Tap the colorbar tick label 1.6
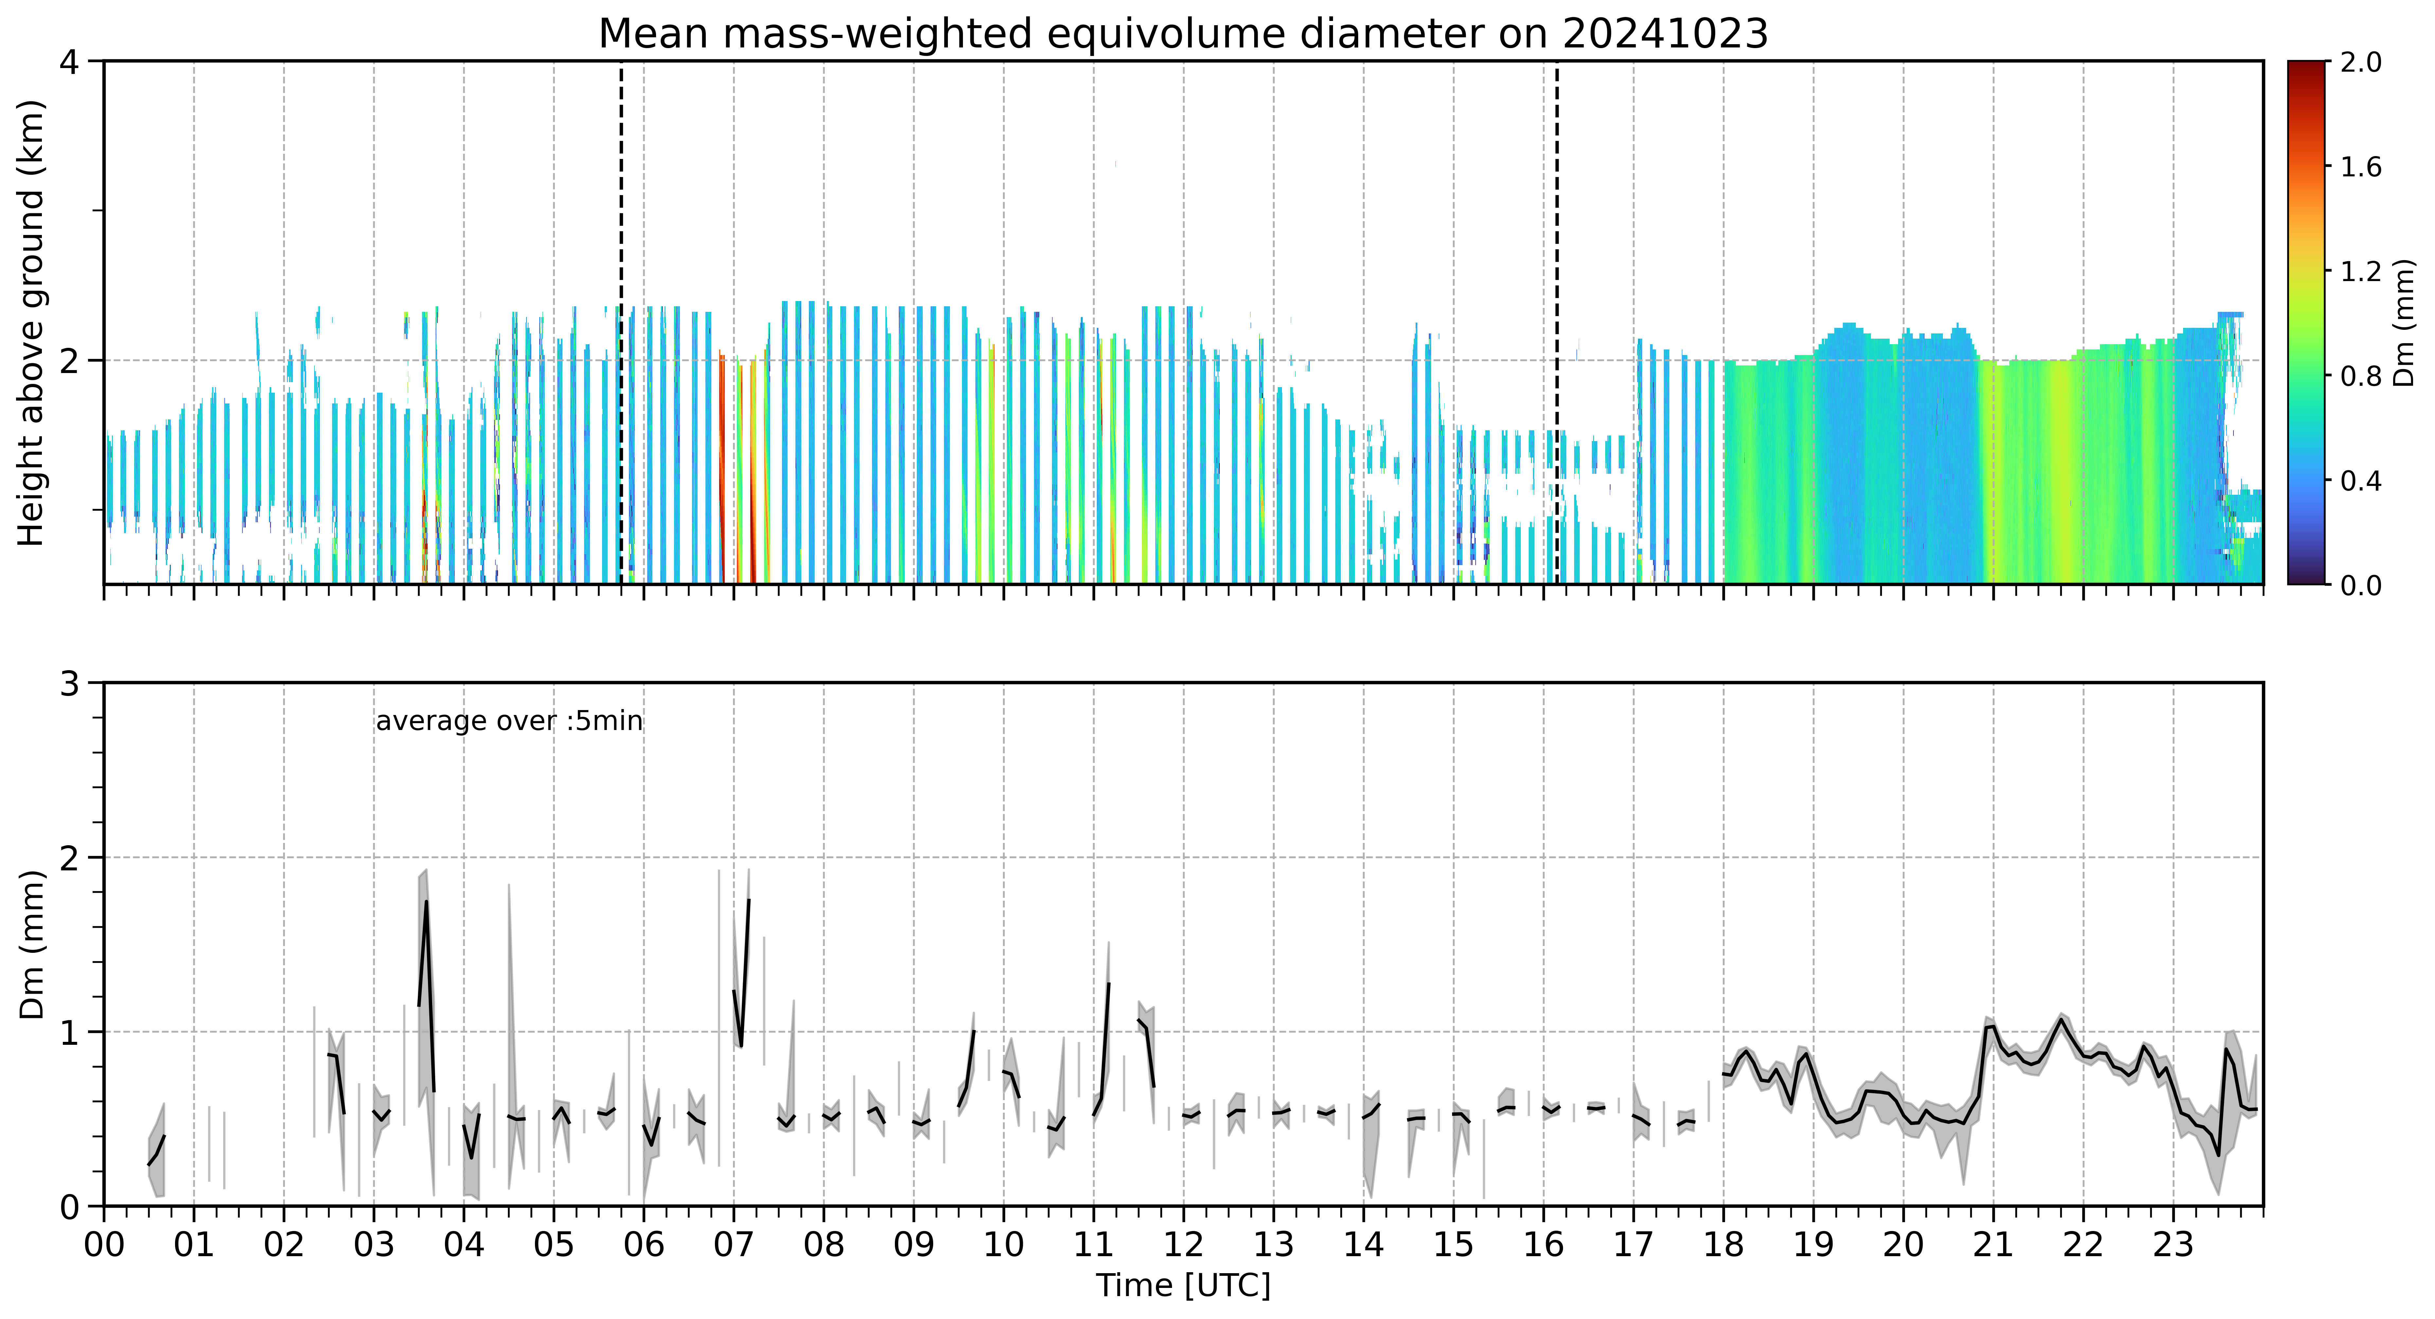click(2360, 167)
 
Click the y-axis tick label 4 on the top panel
click(69, 62)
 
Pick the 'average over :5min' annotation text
click(508, 722)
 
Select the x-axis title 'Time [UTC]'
click(1183, 1286)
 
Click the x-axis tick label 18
click(1723, 1244)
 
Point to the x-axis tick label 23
click(2173, 1244)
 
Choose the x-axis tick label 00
click(104, 1244)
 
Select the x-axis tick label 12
click(1183, 1244)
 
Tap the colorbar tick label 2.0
click(2360, 62)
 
